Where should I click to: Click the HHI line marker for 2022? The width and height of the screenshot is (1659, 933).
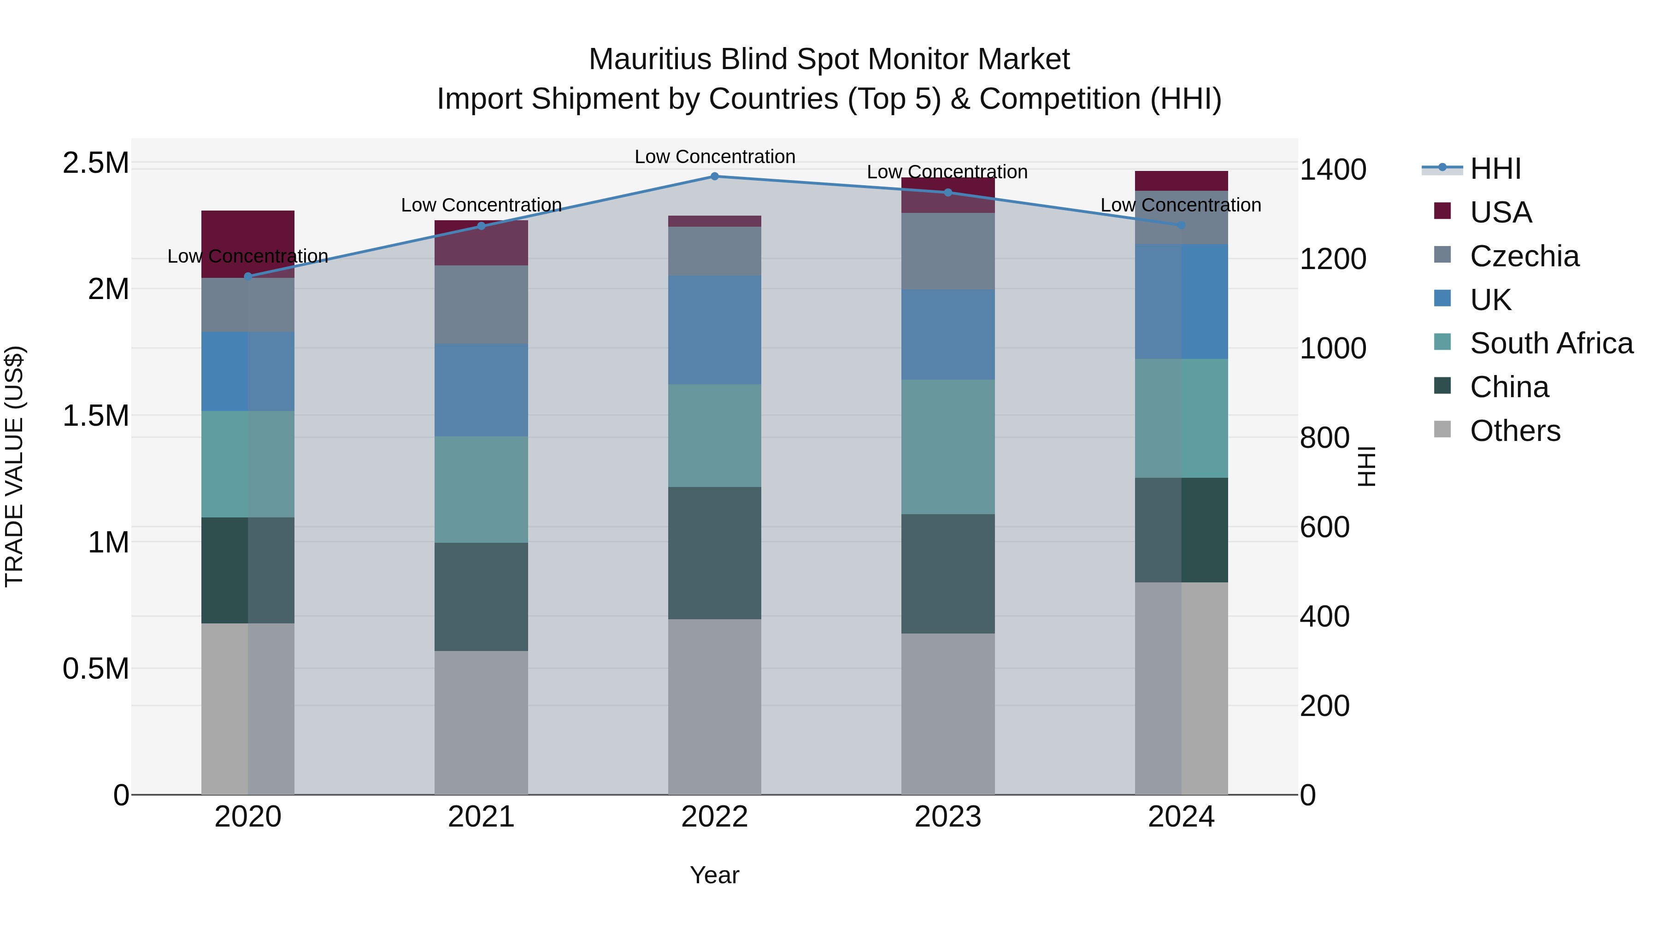click(x=714, y=176)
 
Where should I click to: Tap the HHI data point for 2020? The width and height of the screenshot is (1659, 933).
click(x=248, y=276)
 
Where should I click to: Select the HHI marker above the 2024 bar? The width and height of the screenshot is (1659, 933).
click(x=1181, y=225)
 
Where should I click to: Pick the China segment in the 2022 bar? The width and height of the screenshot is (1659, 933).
click(x=714, y=552)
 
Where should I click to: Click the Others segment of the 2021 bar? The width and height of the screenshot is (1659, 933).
click(x=481, y=722)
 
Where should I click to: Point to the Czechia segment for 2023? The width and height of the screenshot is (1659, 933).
click(x=947, y=251)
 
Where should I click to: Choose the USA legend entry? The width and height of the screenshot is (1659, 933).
click(x=1500, y=212)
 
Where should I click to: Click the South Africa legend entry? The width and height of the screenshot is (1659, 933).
click(x=1551, y=343)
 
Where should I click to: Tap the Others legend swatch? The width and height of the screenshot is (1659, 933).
click(x=1442, y=429)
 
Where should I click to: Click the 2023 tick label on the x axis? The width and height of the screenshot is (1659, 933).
click(x=947, y=817)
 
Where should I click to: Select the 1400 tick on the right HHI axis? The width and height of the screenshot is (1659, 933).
click(x=1332, y=170)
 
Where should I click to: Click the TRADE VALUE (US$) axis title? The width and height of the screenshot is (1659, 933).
click(x=14, y=466)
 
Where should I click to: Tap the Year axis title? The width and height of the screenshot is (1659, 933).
click(x=714, y=875)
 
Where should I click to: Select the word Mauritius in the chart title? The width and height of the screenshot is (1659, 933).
click(x=650, y=59)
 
